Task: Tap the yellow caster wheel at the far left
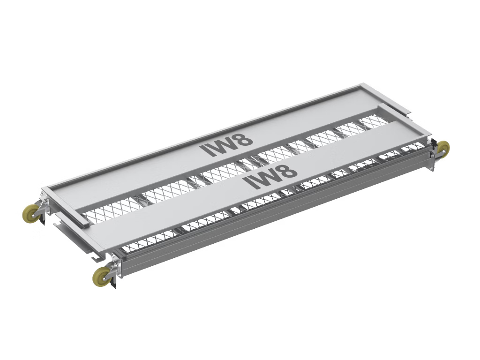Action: coord(31,213)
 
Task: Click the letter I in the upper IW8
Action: coord(205,150)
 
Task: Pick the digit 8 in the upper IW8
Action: coord(244,139)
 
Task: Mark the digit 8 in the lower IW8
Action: coord(288,171)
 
